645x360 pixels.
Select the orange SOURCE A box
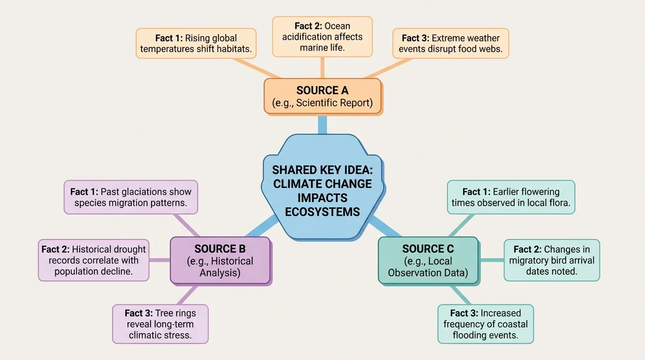pos(322,96)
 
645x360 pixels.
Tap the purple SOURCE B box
pos(220,261)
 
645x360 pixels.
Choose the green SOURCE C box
pos(428,261)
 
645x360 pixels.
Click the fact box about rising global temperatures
pos(196,44)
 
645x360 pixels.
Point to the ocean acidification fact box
pos(322,37)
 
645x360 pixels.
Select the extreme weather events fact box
pos(450,44)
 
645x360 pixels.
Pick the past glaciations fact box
pos(131,197)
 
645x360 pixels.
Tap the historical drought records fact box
pos(94,261)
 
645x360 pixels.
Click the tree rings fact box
pos(160,324)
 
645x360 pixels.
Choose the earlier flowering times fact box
pos(511,197)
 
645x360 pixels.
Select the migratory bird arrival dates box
pos(552,261)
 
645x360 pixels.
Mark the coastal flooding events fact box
pos(486,324)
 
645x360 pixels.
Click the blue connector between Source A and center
pos(322,124)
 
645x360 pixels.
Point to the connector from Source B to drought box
pos(159,260)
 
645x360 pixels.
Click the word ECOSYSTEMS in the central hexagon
pos(322,212)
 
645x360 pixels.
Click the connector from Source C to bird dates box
pos(491,260)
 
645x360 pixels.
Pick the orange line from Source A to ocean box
pos(322,67)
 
